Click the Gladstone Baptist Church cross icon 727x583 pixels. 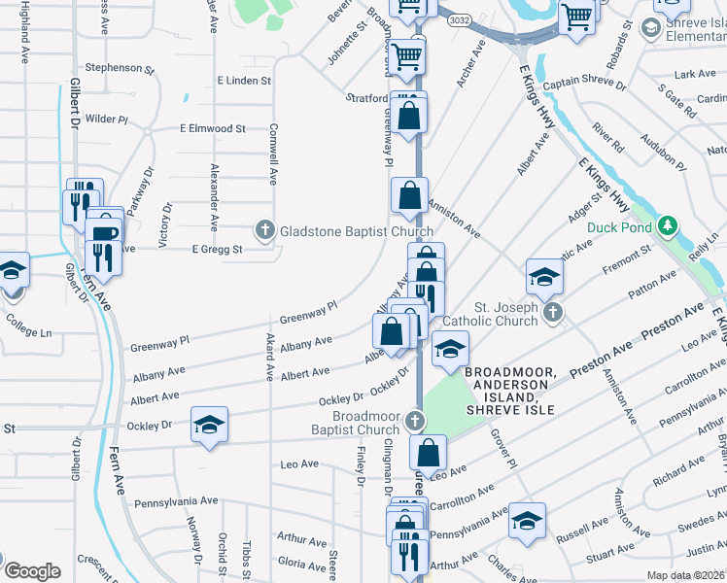click(x=264, y=231)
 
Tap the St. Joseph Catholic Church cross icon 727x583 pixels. click(x=553, y=312)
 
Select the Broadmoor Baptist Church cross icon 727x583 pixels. click(x=415, y=421)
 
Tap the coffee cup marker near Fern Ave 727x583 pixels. click(x=103, y=233)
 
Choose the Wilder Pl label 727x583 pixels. click(x=107, y=119)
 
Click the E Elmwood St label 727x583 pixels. click(x=212, y=128)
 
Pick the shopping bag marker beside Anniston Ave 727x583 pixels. click(x=409, y=195)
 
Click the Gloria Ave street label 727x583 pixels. click(x=302, y=563)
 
